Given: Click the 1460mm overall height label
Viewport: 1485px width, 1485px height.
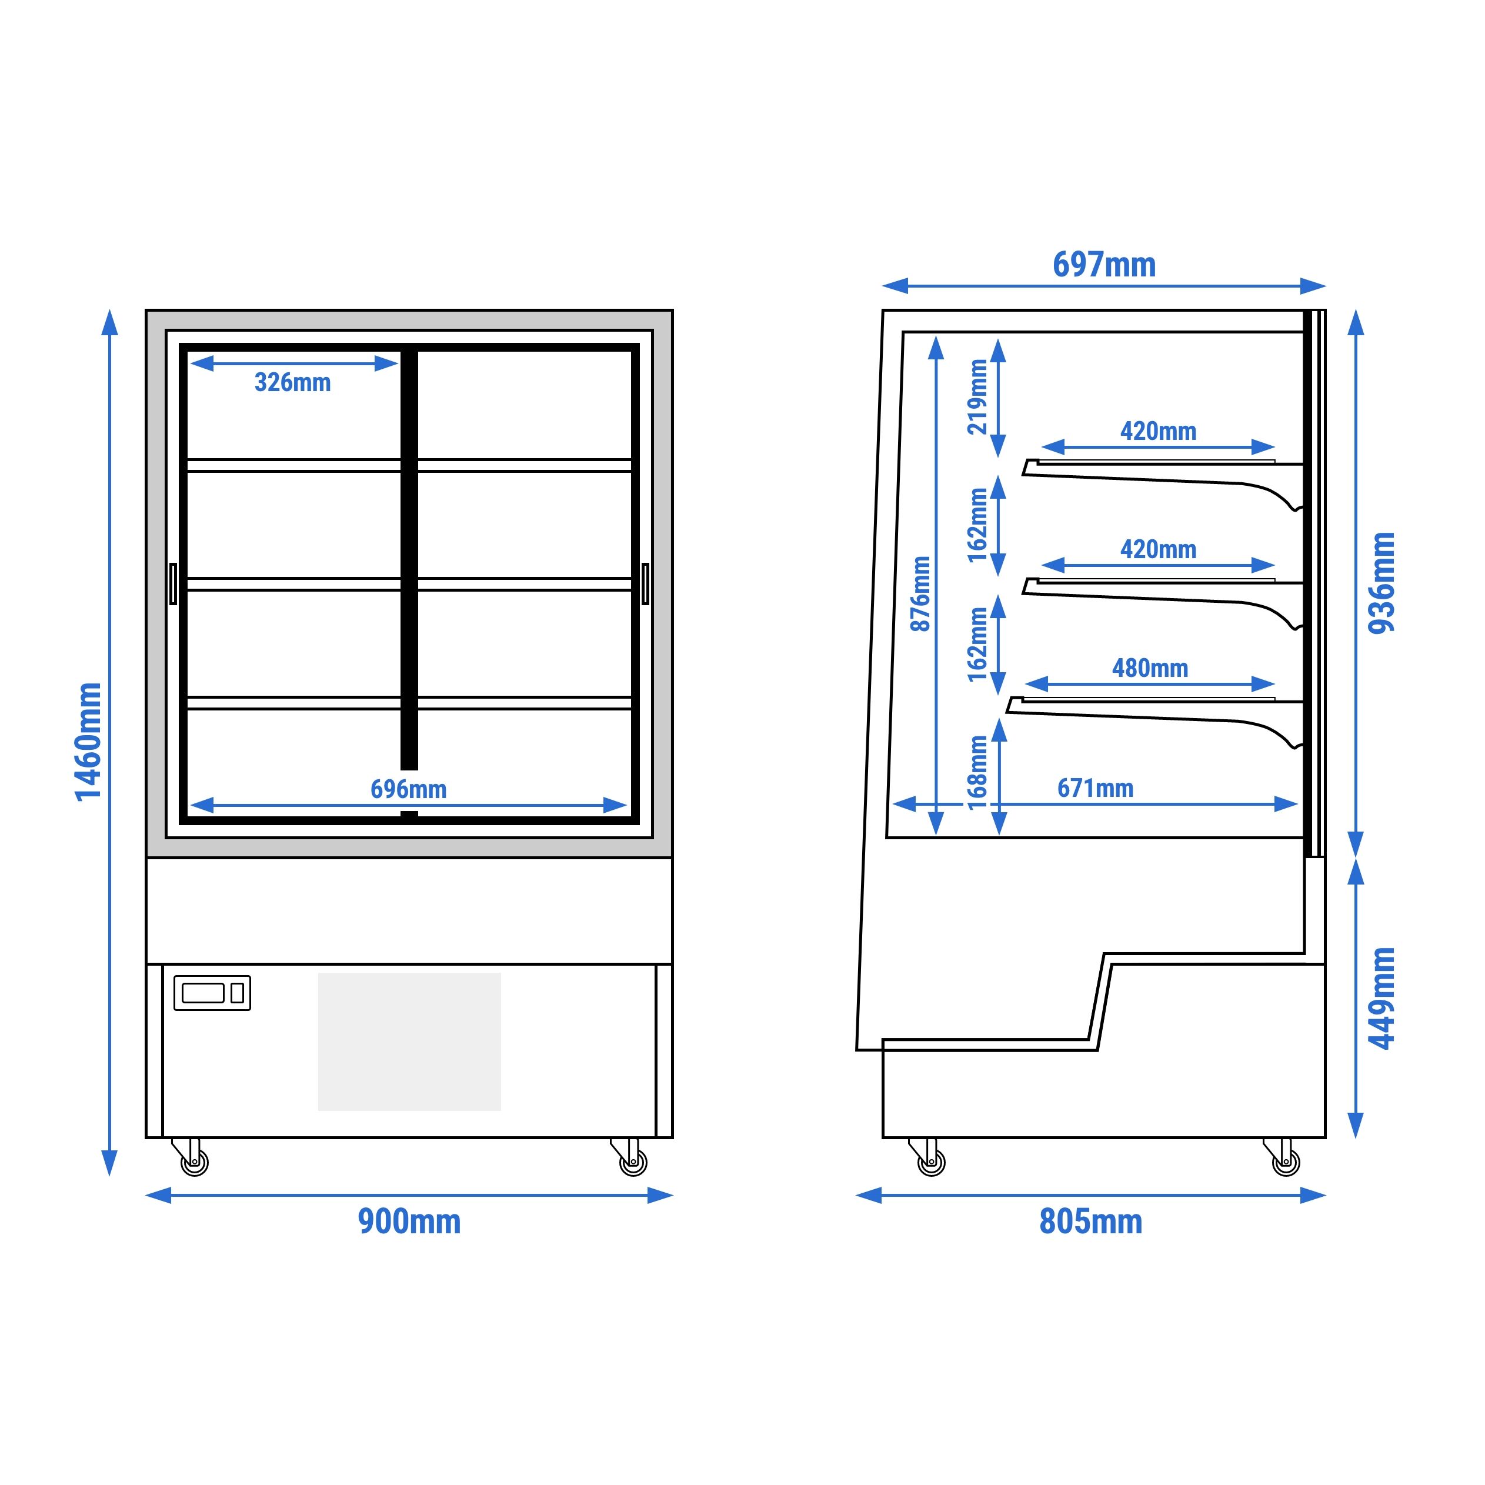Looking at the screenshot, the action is pyautogui.click(x=88, y=742).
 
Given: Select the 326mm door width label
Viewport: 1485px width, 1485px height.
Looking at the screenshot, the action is pyautogui.click(x=293, y=382).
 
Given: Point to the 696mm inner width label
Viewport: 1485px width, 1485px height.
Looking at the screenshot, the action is pyautogui.click(x=408, y=789).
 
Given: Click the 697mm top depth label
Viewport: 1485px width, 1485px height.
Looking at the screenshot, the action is pyautogui.click(x=1104, y=265).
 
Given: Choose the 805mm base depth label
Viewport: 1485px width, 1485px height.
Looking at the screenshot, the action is pyautogui.click(x=1091, y=1222).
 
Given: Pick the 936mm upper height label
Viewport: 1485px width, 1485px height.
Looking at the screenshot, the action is pyautogui.click(x=1381, y=583).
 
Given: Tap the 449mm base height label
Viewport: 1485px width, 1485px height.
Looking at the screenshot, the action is pyautogui.click(x=1381, y=997).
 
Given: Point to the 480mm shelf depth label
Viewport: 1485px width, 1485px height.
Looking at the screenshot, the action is pyautogui.click(x=1150, y=668).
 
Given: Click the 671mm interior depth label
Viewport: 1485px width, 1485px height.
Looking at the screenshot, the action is pyautogui.click(x=1095, y=788).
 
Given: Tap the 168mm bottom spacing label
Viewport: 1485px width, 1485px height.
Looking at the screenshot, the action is pyautogui.click(x=977, y=772).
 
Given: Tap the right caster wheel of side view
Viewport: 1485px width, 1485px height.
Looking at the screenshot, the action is pyautogui.click(x=1286, y=1162).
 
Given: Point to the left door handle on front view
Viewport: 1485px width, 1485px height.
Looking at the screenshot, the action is pyautogui.click(x=173, y=583).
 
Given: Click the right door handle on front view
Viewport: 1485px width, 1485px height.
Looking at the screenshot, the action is pyautogui.click(x=645, y=583).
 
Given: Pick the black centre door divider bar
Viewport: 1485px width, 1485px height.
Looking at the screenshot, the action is pyautogui.click(x=409, y=559).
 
